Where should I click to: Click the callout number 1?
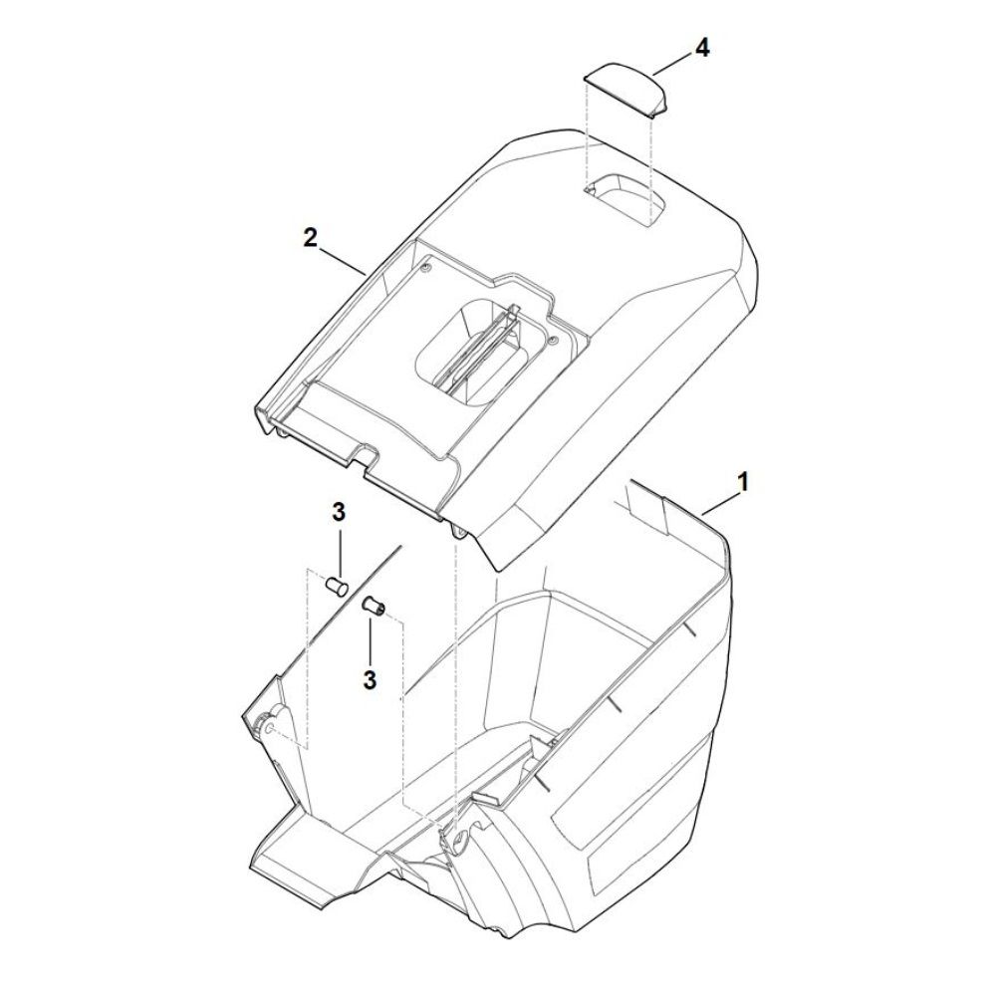(742, 482)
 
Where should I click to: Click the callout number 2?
(310, 239)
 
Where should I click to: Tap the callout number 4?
(701, 48)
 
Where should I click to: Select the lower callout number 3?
(370, 679)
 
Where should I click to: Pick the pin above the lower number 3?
(372, 605)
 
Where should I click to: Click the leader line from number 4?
(671, 65)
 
